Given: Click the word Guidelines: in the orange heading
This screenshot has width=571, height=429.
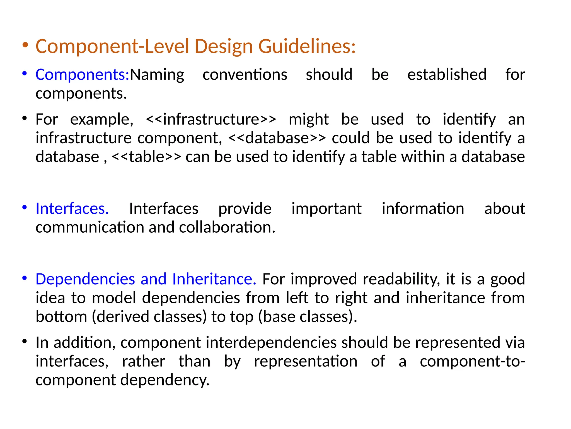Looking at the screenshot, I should (x=307, y=46).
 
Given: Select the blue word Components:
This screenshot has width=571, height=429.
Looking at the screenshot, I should (x=83, y=75).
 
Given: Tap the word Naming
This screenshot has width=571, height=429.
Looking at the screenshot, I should (x=157, y=75).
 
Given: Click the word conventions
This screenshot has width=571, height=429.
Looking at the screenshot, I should (x=245, y=75).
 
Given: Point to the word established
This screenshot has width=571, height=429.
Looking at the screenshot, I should (x=447, y=75).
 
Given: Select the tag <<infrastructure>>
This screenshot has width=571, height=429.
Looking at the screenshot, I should (x=211, y=120).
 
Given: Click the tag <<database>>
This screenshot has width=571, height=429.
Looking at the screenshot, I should (x=277, y=138).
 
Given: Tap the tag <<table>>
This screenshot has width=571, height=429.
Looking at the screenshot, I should (x=146, y=157).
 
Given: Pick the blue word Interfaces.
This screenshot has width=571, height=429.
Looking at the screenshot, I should (x=72, y=209).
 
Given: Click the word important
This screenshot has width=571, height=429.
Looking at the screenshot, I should (x=326, y=209).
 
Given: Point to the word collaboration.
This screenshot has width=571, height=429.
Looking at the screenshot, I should (x=227, y=227).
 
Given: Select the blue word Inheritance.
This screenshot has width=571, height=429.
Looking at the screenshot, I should (x=214, y=279).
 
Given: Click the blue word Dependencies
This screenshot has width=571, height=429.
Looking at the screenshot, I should (x=85, y=279).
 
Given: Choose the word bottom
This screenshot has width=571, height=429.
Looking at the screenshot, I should (x=61, y=317).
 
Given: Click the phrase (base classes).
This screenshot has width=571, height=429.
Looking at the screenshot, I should (x=308, y=317).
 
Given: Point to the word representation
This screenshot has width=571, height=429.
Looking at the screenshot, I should (x=306, y=361).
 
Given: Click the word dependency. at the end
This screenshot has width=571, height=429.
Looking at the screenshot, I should (x=165, y=380).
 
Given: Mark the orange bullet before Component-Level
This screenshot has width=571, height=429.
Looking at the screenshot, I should (x=25, y=45).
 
